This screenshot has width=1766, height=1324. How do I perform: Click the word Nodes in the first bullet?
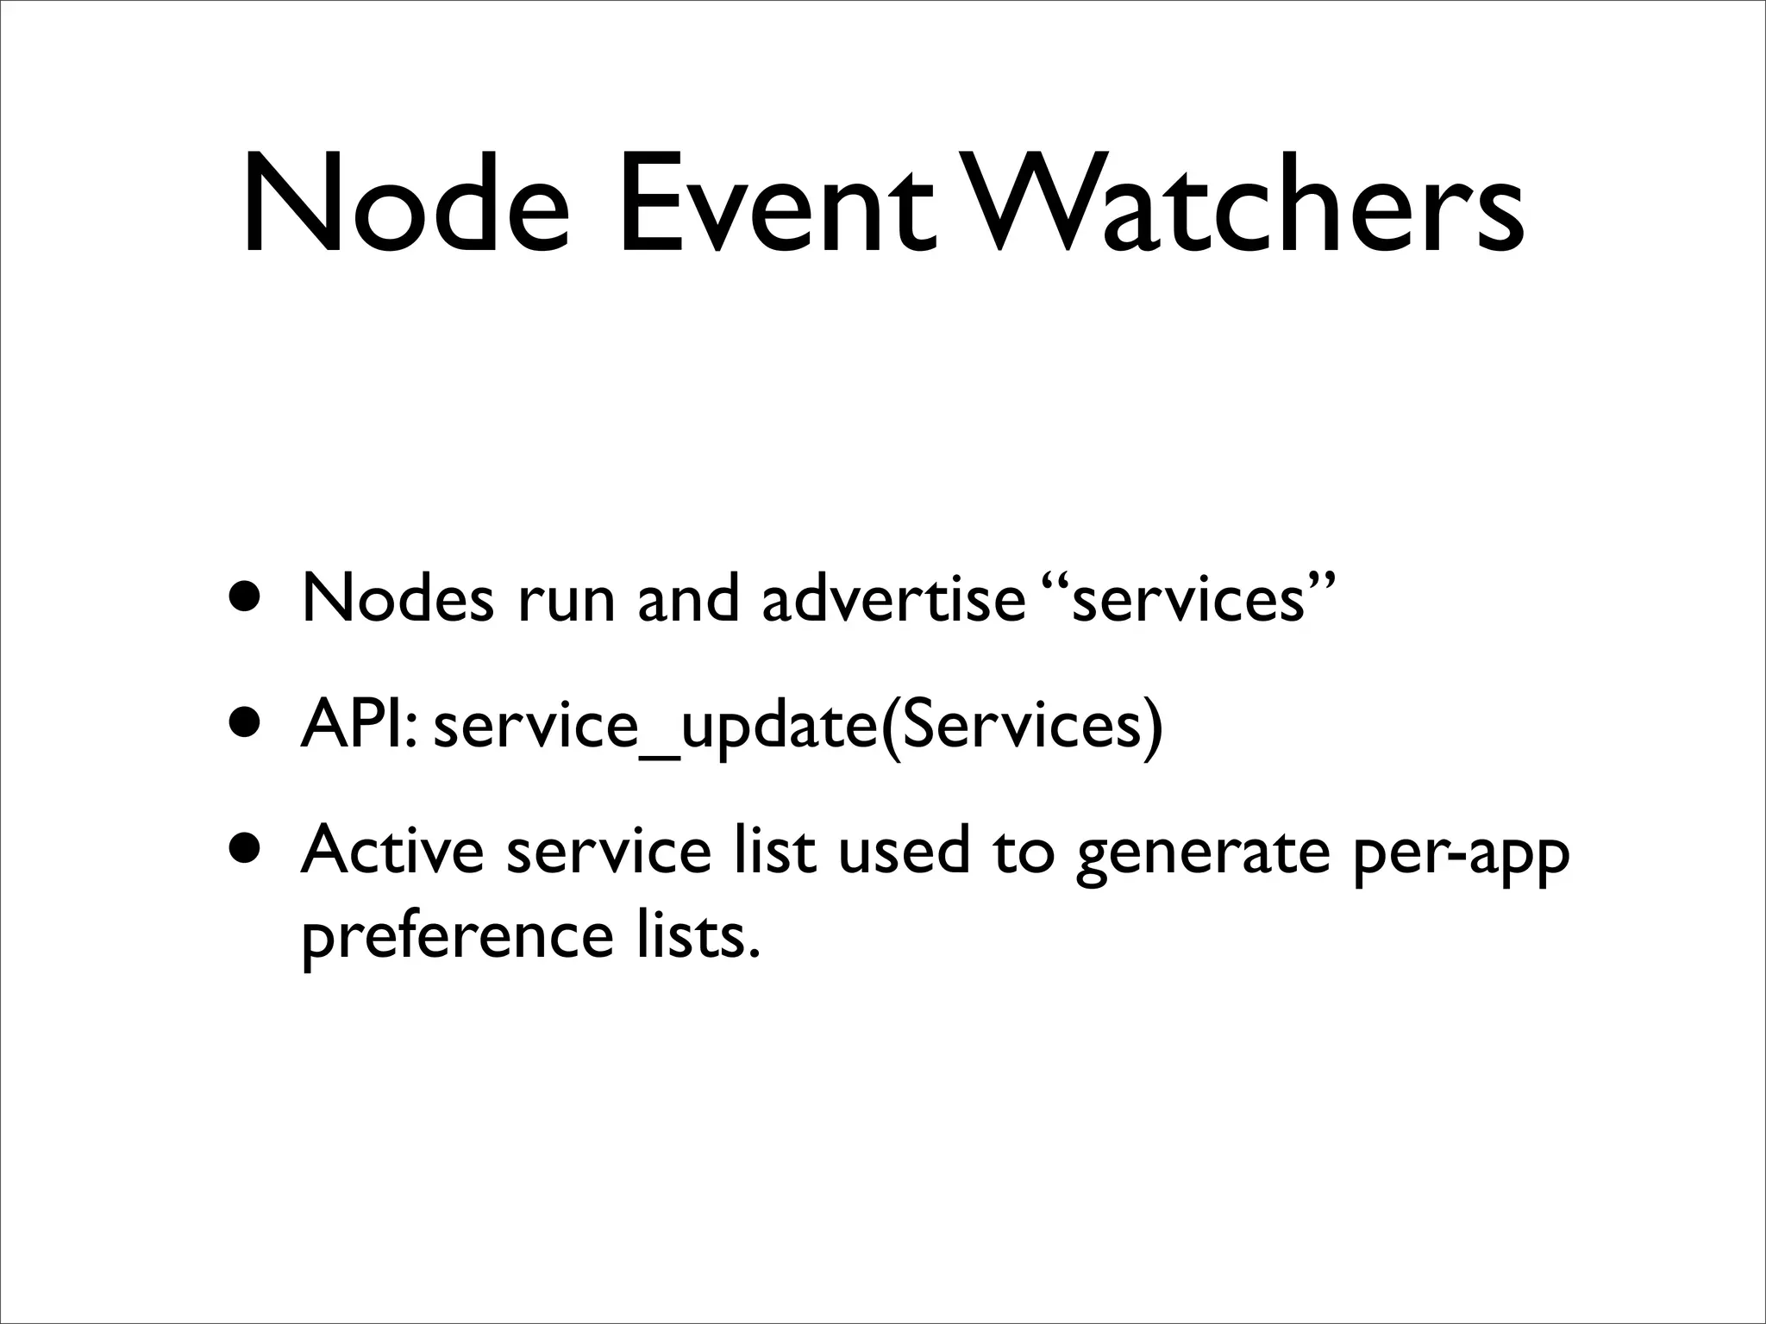pos(398,598)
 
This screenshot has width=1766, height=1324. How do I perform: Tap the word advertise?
pos(892,598)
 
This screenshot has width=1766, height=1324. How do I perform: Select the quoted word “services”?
pos(1188,598)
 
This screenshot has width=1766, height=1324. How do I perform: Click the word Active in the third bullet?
pos(392,851)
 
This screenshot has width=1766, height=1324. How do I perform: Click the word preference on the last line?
pos(456,937)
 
